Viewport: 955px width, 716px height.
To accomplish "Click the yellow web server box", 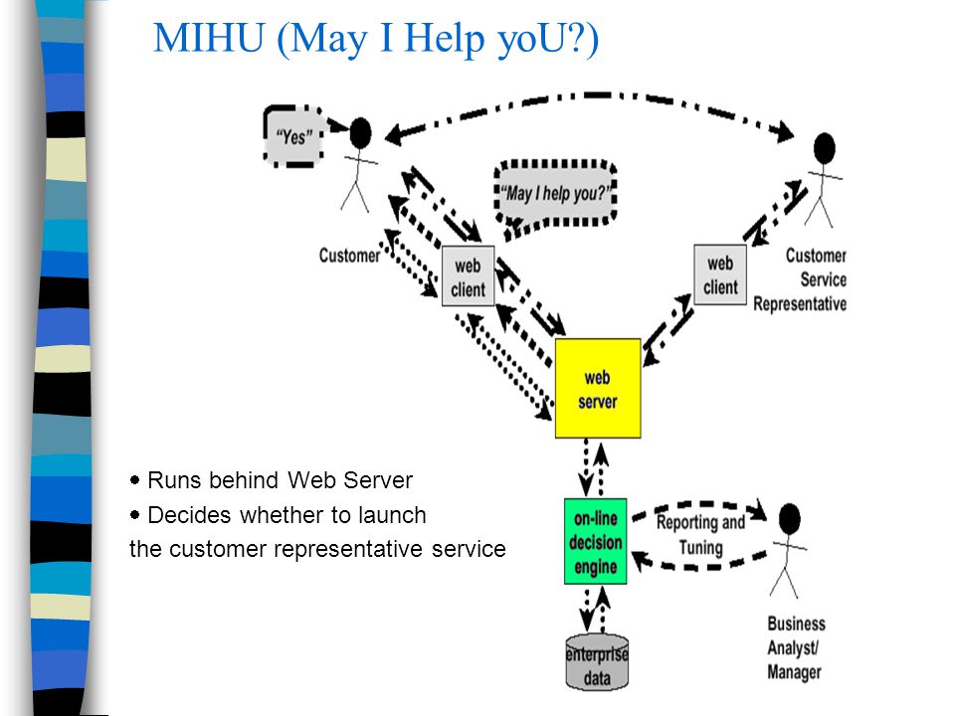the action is pyautogui.click(x=598, y=389).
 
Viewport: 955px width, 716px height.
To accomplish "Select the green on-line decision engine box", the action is pyautogui.click(x=595, y=541).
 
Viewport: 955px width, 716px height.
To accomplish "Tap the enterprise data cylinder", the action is pyautogui.click(x=597, y=663).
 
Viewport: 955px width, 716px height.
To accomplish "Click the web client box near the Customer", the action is pyautogui.click(x=468, y=275).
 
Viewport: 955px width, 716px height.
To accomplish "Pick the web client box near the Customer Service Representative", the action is pyautogui.click(x=720, y=274).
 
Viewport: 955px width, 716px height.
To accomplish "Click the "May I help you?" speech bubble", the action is pyautogui.click(x=555, y=194).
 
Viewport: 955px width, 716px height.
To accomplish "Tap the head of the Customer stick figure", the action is pyautogui.click(x=360, y=132).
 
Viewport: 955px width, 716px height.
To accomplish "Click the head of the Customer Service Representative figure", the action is pyautogui.click(x=825, y=148).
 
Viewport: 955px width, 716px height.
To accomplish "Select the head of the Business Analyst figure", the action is pyautogui.click(x=789, y=519).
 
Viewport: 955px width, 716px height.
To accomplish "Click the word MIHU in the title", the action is pyautogui.click(x=209, y=38).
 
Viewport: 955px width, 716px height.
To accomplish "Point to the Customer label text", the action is pyautogui.click(x=349, y=256).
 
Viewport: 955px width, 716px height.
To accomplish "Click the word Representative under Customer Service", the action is pyautogui.click(x=800, y=303).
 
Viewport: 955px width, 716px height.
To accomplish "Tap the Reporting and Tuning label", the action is pyautogui.click(x=700, y=535).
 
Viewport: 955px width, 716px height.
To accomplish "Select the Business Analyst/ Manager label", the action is pyautogui.click(x=796, y=647).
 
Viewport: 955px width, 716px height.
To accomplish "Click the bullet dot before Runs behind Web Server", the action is pyautogui.click(x=134, y=480).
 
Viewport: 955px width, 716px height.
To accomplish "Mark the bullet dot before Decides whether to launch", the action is pyautogui.click(x=134, y=515).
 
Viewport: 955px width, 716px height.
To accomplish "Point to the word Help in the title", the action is pyautogui.click(x=445, y=39).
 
